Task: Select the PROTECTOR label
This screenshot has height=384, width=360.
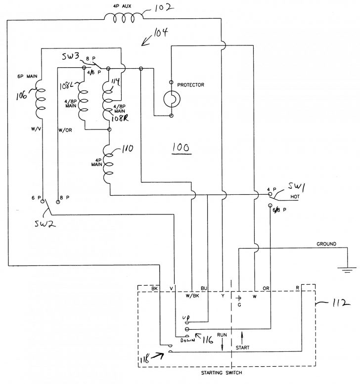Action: point(190,85)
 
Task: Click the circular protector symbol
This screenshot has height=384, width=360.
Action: point(172,99)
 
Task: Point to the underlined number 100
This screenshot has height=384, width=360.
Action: point(180,148)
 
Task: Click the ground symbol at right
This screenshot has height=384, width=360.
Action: point(345,268)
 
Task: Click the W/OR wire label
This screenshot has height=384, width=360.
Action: point(65,130)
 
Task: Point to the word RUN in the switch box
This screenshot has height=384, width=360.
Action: point(222,335)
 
